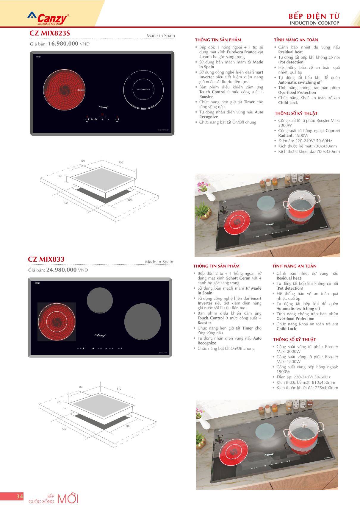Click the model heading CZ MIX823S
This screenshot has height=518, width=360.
coord(50,33)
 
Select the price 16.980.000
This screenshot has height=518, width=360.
coord(63,43)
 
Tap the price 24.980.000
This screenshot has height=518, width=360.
coord(61,270)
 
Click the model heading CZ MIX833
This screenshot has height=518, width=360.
coord(46,259)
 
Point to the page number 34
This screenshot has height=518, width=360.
coord(20,496)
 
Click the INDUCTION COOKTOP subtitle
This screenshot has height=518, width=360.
coord(314,23)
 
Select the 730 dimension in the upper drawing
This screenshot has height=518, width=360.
coord(121,163)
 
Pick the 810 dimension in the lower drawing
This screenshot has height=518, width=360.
coord(119,389)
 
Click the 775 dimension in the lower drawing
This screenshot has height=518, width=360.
coord(64,429)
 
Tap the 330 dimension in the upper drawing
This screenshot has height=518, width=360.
coord(130,200)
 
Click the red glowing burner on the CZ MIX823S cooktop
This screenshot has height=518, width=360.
coord(64,90)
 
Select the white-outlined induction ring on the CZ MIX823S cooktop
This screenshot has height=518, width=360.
coord(143,90)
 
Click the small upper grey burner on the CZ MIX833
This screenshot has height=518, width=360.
coord(100,301)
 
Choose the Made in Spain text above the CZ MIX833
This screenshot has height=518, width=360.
coord(159,262)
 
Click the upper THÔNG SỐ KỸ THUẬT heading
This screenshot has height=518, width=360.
coord(296,113)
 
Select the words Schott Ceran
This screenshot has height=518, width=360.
coord(238,278)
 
